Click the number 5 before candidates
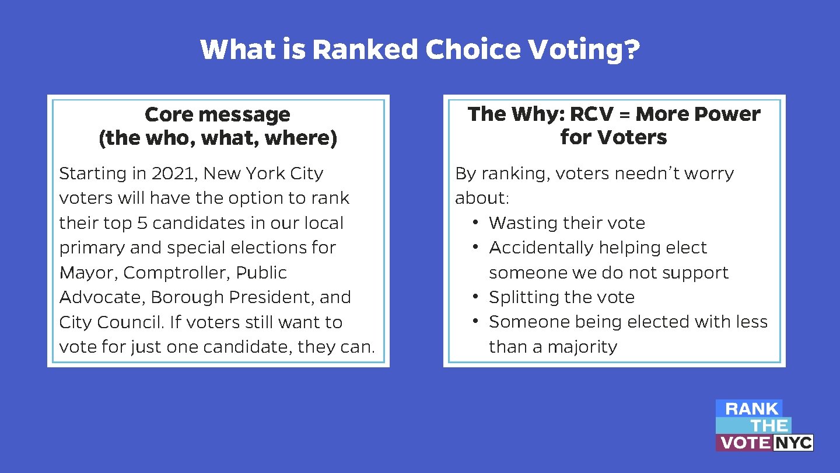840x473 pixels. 142,223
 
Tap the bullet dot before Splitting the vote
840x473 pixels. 476,297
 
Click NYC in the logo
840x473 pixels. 793,443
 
